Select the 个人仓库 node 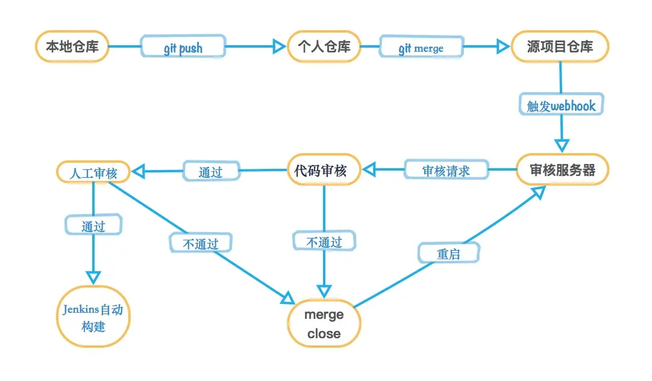pos(324,47)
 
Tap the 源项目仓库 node pos(560,47)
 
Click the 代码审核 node pos(324,171)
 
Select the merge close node pos(324,324)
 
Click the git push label pos(183,48)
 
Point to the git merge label pos(421,48)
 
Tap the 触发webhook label pos(561,106)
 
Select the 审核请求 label pos(445,171)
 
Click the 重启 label pos(449,253)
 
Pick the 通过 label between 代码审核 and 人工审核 pos(211,172)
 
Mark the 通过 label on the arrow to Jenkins pos(93,226)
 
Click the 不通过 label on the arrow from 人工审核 pos(201,243)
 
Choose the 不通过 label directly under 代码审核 pos(324,242)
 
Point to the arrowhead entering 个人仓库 pos(278,46)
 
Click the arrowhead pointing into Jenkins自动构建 pos(93,277)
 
